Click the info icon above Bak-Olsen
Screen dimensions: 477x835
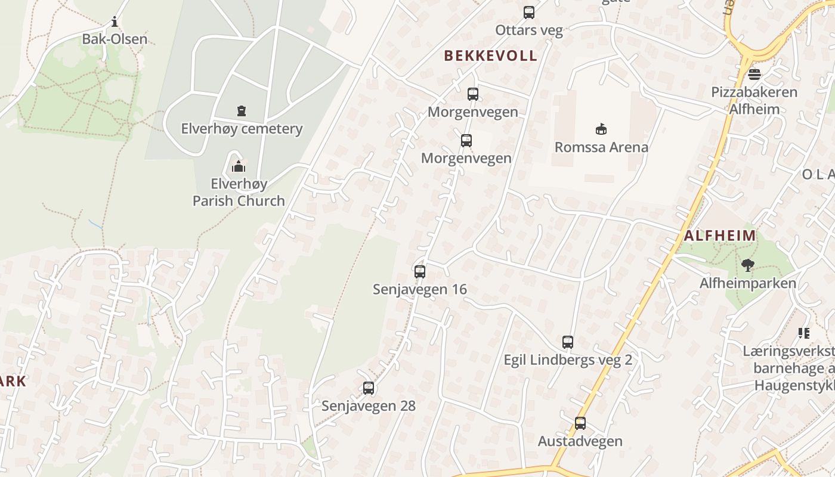(x=115, y=23)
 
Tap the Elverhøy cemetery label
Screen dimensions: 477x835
(x=242, y=129)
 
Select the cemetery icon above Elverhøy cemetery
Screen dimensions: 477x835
(x=241, y=110)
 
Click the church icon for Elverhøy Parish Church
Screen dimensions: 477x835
(x=239, y=166)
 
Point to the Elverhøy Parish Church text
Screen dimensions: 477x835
(x=239, y=192)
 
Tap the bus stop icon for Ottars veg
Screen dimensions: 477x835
(x=528, y=12)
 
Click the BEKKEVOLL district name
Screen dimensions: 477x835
(x=490, y=56)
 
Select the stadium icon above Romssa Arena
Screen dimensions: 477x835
(x=601, y=129)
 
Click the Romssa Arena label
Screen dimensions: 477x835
(x=601, y=147)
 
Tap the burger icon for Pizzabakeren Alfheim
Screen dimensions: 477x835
(x=754, y=75)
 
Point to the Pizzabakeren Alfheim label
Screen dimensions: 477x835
(x=754, y=101)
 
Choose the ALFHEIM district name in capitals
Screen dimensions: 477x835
(x=720, y=236)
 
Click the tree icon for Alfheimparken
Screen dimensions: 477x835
(x=747, y=265)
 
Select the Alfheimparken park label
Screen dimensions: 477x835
(x=748, y=283)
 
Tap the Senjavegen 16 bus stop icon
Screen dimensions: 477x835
(x=420, y=272)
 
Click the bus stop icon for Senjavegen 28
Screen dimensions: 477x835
(x=369, y=388)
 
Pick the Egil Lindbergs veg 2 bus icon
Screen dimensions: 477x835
(x=568, y=342)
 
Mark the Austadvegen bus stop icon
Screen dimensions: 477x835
(x=580, y=423)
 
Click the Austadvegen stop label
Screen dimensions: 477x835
(x=580, y=441)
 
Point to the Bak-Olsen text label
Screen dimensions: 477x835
(x=115, y=40)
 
